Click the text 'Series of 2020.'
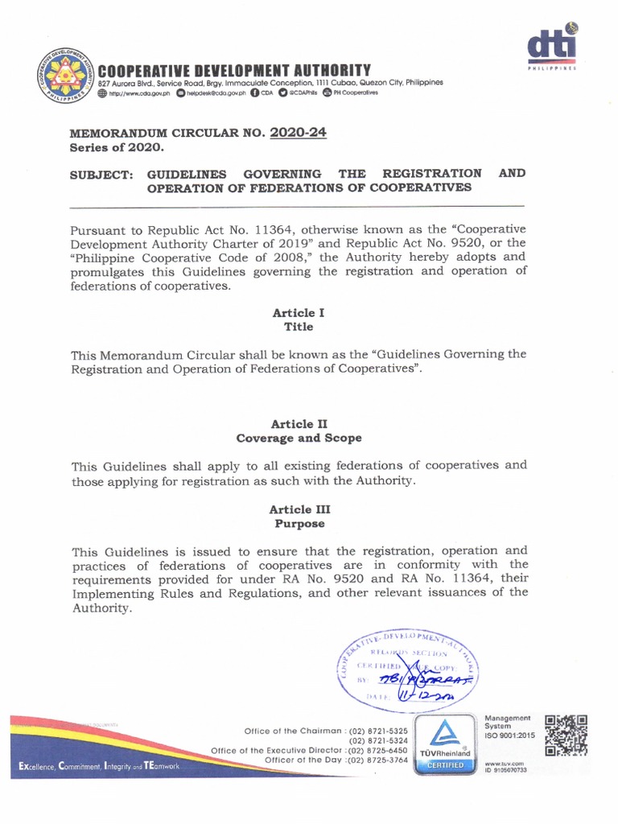[117, 148]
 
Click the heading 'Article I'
[299, 312]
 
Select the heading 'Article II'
[299, 423]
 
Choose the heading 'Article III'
[299, 509]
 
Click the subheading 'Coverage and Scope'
[299, 439]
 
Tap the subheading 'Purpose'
[299, 524]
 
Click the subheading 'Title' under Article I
[299, 328]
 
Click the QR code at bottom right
[566, 735]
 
